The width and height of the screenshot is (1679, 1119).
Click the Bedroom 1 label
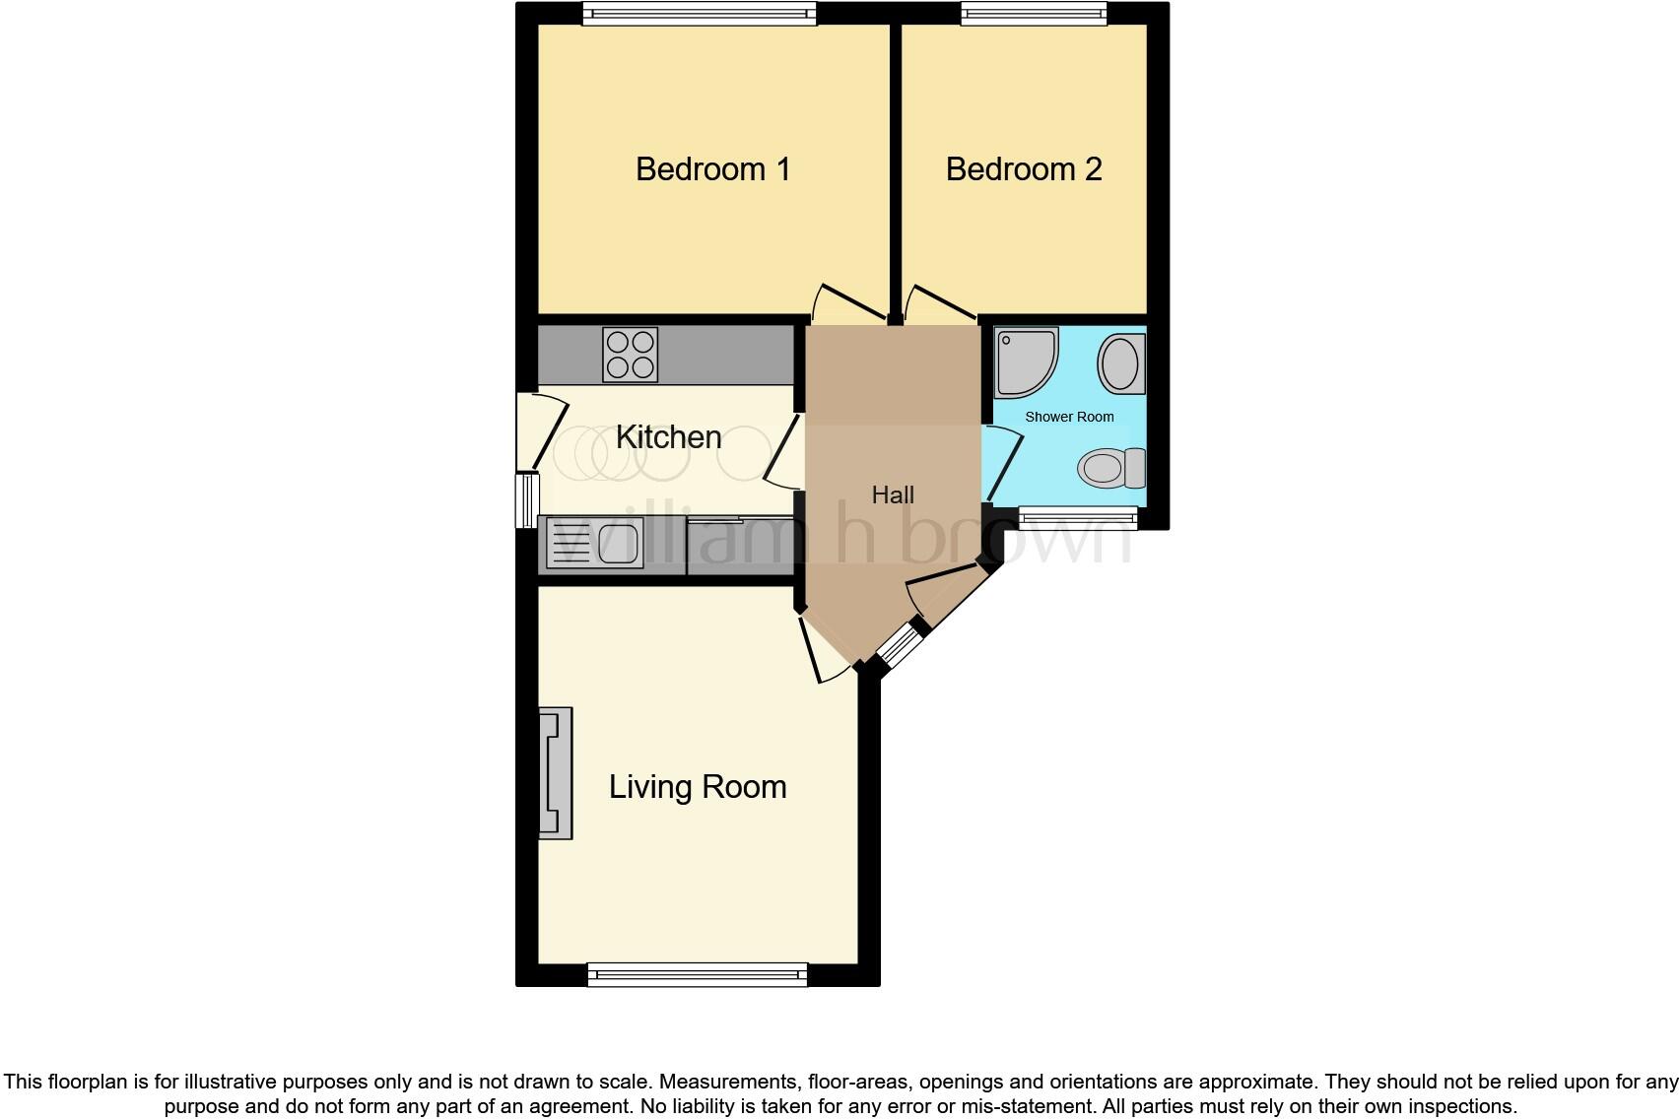pyautogui.click(x=712, y=169)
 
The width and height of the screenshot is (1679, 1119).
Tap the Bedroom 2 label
pyautogui.click(x=1023, y=169)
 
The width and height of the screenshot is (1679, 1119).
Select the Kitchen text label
pyautogui.click(x=668, y=437)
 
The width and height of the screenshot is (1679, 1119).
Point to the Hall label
pyautogui.click(x=893, y=494)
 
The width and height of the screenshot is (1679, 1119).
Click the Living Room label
pyautogui.click(x=697, y=787)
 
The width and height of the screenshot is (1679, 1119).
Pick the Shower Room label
pyautogui.click(x=1069, y=417)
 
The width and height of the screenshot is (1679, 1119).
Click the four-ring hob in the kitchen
pyautogui.click(x=631, y=355)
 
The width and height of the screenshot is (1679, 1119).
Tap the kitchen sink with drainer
pyautogui.click(x=594, y=544)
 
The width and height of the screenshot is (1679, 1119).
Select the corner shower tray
pyautogui.click(x=1025, y=362)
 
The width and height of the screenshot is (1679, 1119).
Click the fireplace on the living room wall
pyautogui.click(x=555, y=772)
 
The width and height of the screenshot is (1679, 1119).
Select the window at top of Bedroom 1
pyautogui.click(x=699, y=13)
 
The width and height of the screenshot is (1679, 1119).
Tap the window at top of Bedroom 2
pyautogui.click(x=1033, y=13)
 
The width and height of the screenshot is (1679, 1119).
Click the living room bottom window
pyautogui.click(x=697, y=975)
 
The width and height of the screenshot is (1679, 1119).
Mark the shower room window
pyautogui.click(x=1077, y=518)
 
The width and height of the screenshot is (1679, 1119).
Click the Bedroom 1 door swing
pyautogui.click(x=847, y=303)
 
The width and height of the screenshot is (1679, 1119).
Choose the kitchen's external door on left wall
pyautogui.click(x=540, y=431)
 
